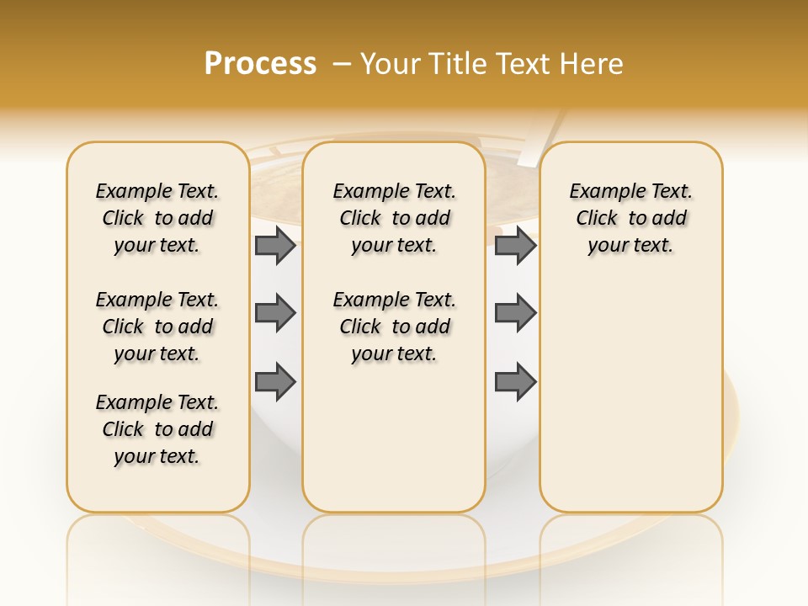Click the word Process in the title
click(x=260, y=64)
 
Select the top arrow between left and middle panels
click(x=275, y=246)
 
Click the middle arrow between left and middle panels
click(x=275, y=313)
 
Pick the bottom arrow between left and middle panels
click(x=275, y=382)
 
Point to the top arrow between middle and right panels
click(x=515, y=246)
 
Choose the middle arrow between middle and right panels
click(x=515, y=313)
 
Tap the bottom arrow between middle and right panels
click(x=515, y=382)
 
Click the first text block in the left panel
click(x=157, y=218)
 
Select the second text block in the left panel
click(x=157, y=327)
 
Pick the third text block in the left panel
click(x=157, y=429)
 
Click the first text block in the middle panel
click(x=395, y=218)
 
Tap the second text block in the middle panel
click(x=395, y=327)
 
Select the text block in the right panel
click(x=631, y=218)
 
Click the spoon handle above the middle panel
click(x=543, y=139)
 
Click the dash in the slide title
click(x=342, y=64)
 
